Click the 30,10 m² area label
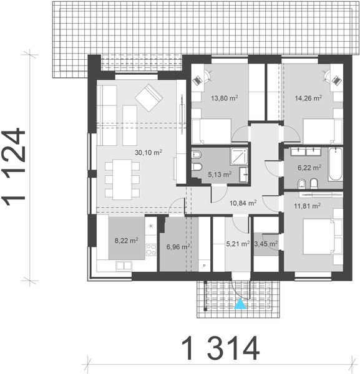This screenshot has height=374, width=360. coord(148,151)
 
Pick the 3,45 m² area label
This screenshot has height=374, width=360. coord(265,244)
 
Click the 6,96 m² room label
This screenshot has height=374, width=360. coord(178,247)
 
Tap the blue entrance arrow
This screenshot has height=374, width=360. coord(240,305)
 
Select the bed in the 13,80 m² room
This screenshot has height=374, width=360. coord(213,132)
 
